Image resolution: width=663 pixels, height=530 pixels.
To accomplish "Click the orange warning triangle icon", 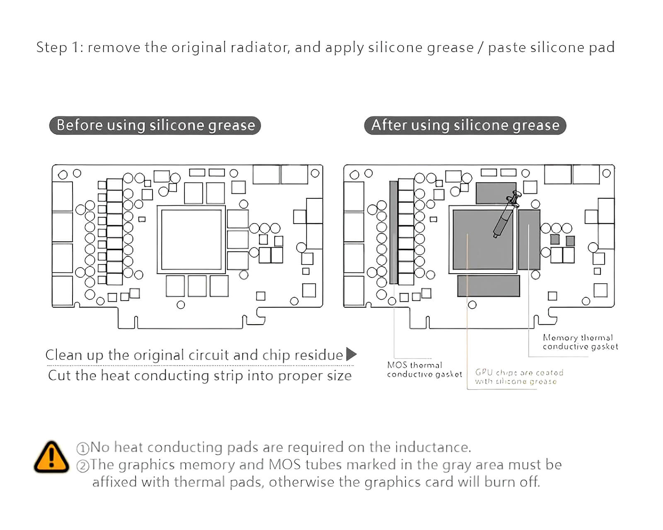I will pyautogui.click(x=51, y=458).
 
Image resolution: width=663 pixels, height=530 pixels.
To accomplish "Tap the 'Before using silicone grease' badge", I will pyautogui.click(x=155, y=125).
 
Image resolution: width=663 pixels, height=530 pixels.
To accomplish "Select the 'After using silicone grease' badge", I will pyautogui.click(x=465, y=125).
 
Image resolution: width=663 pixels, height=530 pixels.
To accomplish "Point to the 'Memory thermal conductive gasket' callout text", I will pyautogui.click(x=580, y=342).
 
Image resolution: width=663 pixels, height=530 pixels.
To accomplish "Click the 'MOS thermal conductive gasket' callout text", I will pyautogui.click(x=424, y=370).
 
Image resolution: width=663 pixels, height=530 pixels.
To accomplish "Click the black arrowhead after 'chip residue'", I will pyautogui.click(x=351, y=354).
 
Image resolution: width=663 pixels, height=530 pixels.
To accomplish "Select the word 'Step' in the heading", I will pyautogui.click(x=51, y=47).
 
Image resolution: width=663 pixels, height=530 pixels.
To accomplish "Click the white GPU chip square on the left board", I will pyautogui.click(x=191, y=240).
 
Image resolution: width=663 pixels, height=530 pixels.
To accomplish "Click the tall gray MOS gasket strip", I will pyautogui.click(x=394, y=232).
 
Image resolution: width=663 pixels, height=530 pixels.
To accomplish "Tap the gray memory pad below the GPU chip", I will pyautogui.click(x=489, y=286).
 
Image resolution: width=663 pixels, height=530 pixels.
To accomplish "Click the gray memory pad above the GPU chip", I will pyautogui.click(x=496, y=193).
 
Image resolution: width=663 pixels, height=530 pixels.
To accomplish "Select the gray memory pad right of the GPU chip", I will pyautogui.click(x=529, y=239).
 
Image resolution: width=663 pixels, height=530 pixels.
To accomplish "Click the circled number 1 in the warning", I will pyautogui.click(x=83, y=448).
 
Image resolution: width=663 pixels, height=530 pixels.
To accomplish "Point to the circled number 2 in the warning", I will pyautogui.click(x=83, y=466).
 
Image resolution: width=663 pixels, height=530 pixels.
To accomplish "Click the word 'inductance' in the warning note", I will pyautogui.click(x=433, y=448).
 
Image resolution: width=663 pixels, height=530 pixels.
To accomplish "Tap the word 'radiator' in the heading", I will pyautogui.click(x=260, y=47).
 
